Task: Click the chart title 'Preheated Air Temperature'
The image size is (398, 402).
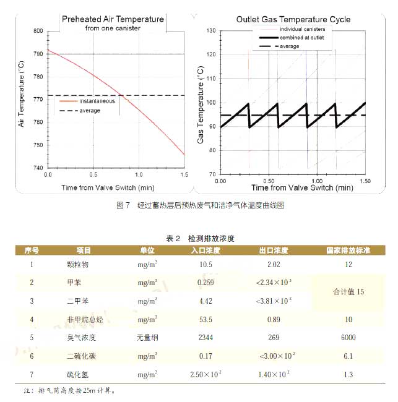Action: point(113,19)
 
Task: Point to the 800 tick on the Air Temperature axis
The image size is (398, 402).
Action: point(38,31)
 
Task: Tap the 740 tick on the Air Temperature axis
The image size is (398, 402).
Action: point(38,168)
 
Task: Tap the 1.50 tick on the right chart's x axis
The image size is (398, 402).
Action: point(365,181)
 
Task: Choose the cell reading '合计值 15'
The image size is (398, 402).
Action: point(348,291)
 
